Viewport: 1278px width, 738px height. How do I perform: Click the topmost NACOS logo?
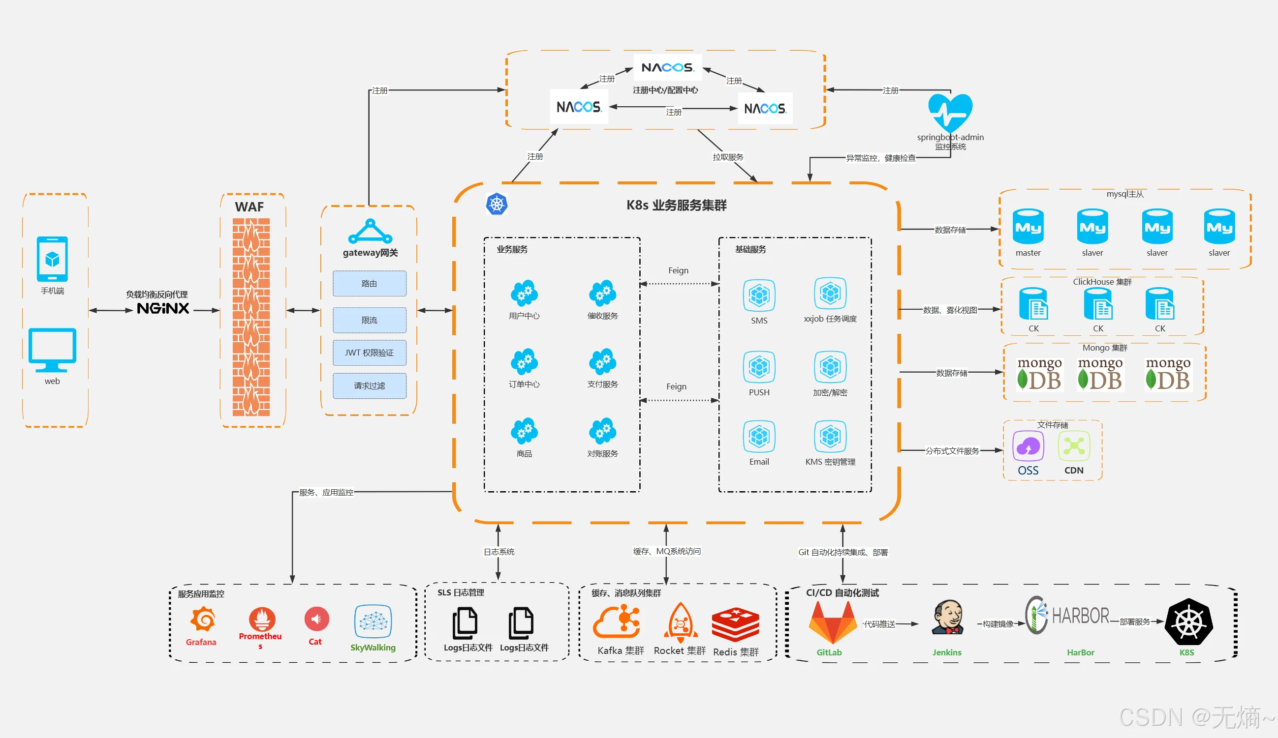(x=667, y=67)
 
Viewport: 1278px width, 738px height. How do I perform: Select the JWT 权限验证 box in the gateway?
(x=369, y=353)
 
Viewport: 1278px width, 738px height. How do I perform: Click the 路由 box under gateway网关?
(x=369, y=283)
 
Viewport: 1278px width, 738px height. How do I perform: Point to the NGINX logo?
(x=163, y=308)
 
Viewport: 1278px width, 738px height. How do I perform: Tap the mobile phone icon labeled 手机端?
(x=52, y=259)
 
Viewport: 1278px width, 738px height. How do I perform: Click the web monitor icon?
(x=52, y=350)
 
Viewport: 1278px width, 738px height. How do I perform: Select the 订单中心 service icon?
(x=525, y=362)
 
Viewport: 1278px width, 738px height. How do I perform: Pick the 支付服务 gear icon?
(x=602, y=362)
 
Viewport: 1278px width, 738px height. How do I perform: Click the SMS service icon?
(x=759, y=295)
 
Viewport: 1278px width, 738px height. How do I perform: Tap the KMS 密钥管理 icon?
(x=830, y=436)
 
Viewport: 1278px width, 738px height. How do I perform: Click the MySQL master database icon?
(x=1028, y=227)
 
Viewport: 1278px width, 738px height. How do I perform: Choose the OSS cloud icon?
(x=1028, y=446)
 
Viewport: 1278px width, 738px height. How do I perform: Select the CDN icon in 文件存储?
(x=1074, y=446)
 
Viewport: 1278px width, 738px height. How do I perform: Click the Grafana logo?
(x=203, y=620)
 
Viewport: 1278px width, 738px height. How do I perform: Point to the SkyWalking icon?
(x=373, y=621)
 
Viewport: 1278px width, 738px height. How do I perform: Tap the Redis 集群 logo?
(x=735, y=624)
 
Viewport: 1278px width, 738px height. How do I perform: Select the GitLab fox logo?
(x=833, y=623)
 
